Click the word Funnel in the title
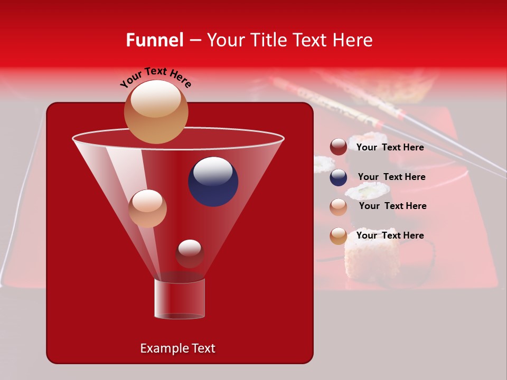click(x=154, y=40)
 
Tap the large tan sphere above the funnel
click(x=156, y=111)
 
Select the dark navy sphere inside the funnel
click(x=213, y=181)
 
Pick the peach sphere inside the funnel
click(x=147, y=208)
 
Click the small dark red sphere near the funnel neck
click(x=190, y=254)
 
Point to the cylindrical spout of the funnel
click(x=179, y=299)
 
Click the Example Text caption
click(x=177, y=348)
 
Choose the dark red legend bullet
click(x=339, y=147)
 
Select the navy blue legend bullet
click(x=339, y=177)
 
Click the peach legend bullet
click(x=339, y=206)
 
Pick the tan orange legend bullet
click(x=339, y=236)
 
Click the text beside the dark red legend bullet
click(x=390, y=148)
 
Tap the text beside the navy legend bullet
click(x=391, y=177)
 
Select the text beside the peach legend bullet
click(x=392, y=206)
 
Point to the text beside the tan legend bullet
click(x=390, y=235)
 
